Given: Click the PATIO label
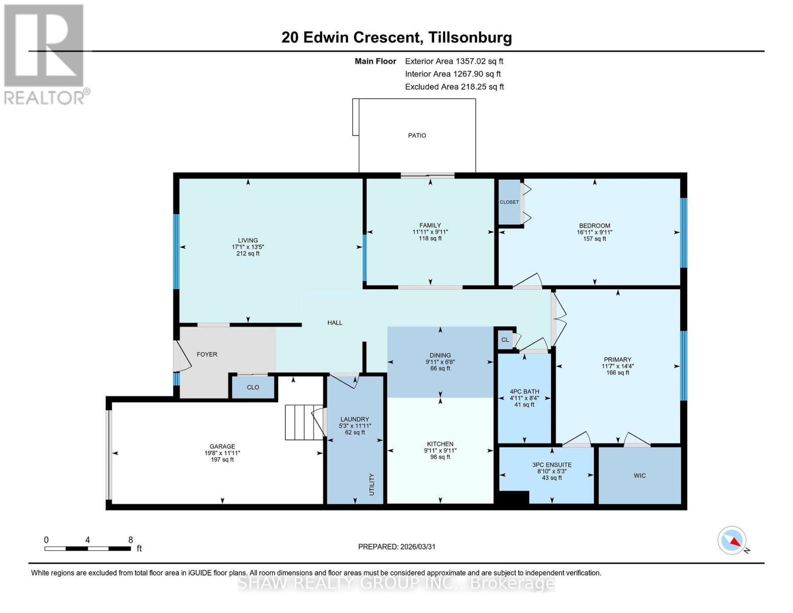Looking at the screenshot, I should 417,135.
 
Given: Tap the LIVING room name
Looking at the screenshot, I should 248,240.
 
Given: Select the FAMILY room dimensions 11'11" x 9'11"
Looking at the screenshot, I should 430,232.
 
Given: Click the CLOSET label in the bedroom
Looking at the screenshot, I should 509,202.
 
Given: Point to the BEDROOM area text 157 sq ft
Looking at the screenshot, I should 594,239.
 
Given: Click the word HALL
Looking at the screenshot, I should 335,322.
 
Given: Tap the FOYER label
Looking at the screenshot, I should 207,354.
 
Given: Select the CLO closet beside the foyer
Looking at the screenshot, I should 253,387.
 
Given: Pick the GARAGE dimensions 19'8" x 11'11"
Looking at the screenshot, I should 222,453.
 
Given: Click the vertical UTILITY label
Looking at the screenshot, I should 372,484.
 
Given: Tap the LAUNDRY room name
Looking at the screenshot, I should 354,419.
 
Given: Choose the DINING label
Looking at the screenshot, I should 440,355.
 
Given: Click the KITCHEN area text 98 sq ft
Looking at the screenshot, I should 440,457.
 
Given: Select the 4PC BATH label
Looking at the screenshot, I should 524,391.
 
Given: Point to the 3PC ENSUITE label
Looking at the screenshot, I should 551,465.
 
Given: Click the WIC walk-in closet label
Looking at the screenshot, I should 639,476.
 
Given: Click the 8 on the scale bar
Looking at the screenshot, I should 130,540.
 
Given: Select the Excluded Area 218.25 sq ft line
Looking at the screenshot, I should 454,87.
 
